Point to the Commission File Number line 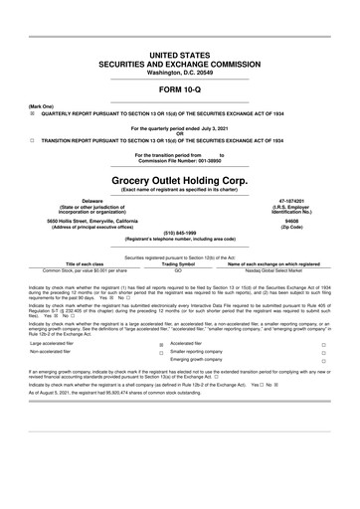(179, 161)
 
